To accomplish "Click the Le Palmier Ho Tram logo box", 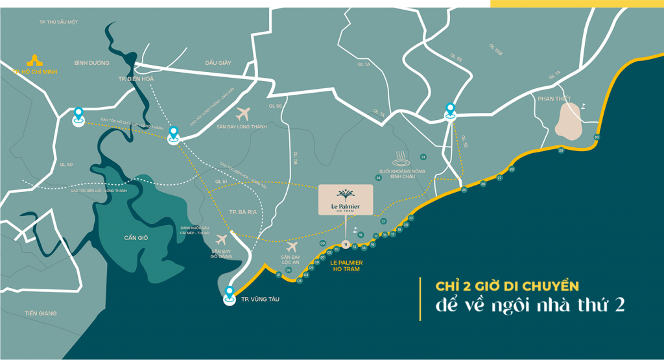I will (x=346, y=200).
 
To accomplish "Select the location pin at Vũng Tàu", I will (x=230, y=294).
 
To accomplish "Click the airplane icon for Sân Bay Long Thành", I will (x=244, y=114).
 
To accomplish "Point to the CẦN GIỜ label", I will (x=136, y=238).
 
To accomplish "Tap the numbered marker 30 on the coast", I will (x=597, y=137).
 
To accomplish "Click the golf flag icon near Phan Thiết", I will (x=583, y=105).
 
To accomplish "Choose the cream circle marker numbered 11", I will (x=346, y=245).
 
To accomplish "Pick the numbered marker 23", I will (x=423, y=157).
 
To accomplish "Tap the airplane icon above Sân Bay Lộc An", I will (x=291, y=246).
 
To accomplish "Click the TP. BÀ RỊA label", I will (x=244, y=212).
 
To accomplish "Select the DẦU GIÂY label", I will (x=218, y=63).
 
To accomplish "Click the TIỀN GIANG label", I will (x=41, y=314).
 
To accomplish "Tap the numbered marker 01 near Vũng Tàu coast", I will (x=279, y=275).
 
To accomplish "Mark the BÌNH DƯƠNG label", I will (x=91, y=63).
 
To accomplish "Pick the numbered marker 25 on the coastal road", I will (x=464, y=190).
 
